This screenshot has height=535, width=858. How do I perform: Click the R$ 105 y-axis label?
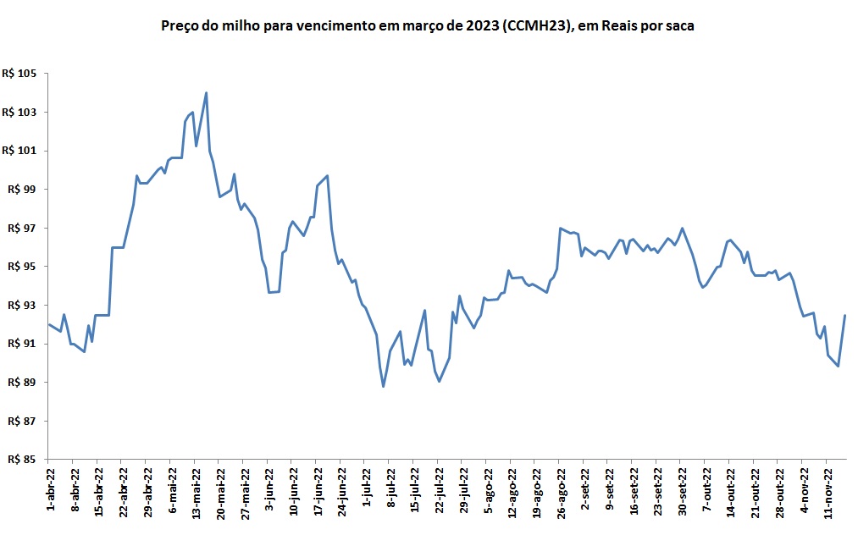click(19, 74)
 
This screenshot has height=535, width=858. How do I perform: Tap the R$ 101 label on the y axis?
click(19, 151)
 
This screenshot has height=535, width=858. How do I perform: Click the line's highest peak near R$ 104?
click(207, 93)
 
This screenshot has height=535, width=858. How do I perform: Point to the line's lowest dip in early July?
click(384, 386)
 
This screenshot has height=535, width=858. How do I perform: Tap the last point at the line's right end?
click(845, 316)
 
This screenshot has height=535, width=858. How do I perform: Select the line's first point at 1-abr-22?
click(48, 324)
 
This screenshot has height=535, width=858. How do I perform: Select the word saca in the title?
click(680, 26)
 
